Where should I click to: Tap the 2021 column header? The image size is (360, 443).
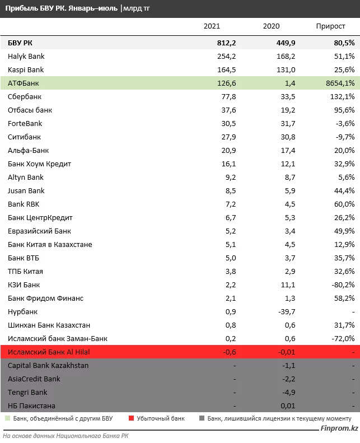pos(212,26)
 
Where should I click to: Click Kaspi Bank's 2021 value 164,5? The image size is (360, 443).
pos(211,70)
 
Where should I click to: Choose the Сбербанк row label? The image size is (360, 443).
pos(26,97)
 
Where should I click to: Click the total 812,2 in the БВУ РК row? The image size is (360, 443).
pos(211,43)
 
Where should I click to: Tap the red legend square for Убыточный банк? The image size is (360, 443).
pos(132,418)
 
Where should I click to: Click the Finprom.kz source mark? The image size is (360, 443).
pos(338,428)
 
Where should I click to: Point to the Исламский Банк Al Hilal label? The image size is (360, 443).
pos(49,352)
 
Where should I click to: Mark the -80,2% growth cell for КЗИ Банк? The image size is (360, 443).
pos(341,285)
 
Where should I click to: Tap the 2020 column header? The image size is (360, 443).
pos(270,26)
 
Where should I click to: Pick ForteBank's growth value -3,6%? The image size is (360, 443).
pos(343,124)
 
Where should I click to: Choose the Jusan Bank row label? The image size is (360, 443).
pos(26,191)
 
